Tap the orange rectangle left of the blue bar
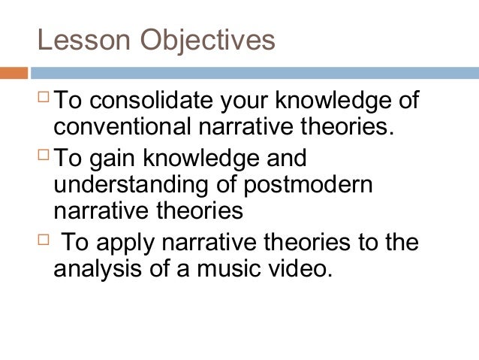[x=14, y=74]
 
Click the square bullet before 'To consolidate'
[x=44, y=98]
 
